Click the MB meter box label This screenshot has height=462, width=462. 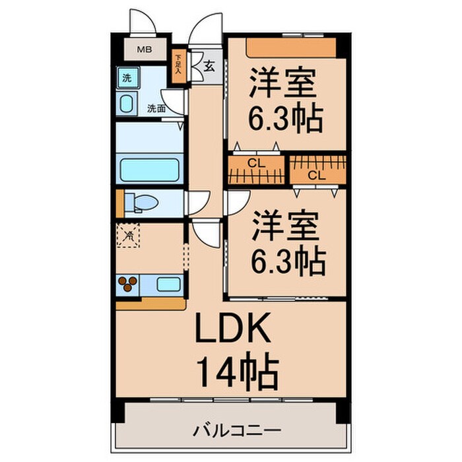pos(143,49)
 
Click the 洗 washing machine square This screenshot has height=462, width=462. pos(126,77)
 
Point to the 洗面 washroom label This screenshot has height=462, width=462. pos(156,108)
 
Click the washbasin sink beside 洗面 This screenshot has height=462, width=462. pos(127,104)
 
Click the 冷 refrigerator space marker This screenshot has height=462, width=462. pos(128,235)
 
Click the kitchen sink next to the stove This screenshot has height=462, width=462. pos(169,285)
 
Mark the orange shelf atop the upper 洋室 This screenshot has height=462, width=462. pos(290,47)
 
